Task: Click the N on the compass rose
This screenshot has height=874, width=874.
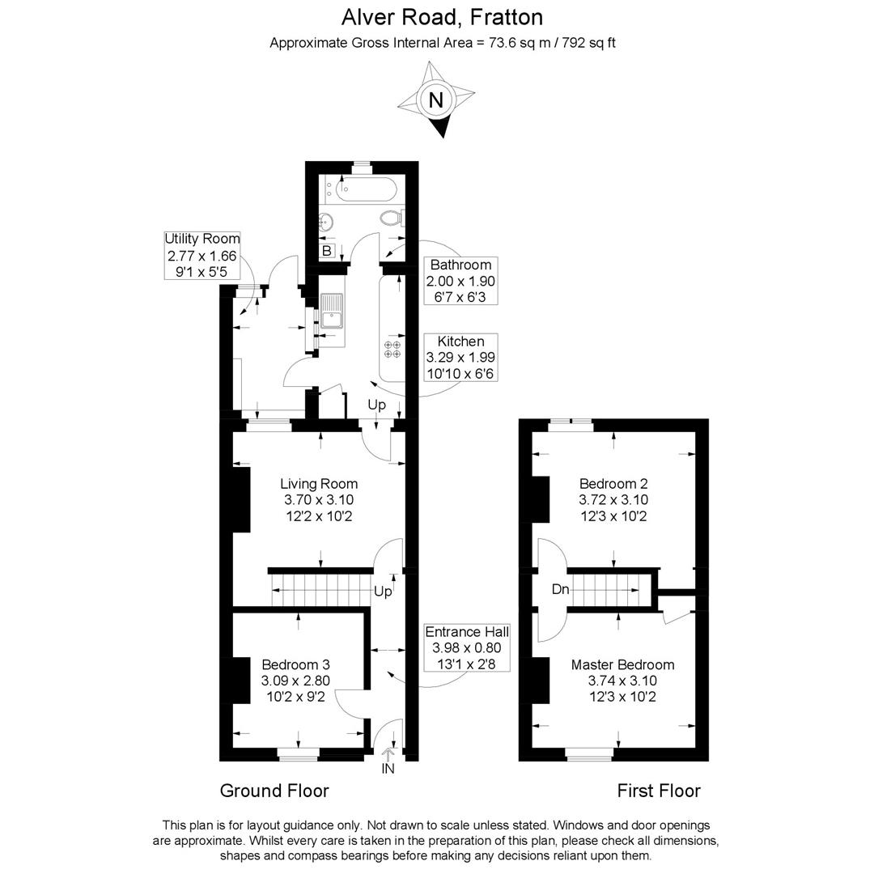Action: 436,100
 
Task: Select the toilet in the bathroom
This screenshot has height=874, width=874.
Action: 392,218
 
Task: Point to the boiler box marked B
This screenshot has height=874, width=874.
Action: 327,251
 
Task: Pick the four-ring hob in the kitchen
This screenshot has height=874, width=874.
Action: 392,349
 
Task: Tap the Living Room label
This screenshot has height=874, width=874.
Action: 319,484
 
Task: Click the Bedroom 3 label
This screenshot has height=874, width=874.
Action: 295,664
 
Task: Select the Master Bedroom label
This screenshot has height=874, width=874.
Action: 622,664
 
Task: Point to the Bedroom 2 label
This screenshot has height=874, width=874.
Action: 613,483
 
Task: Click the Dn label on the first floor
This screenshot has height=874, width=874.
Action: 560,588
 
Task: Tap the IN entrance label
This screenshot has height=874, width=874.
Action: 388,769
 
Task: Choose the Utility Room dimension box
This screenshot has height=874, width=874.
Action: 202,255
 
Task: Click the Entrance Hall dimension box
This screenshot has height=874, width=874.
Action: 467,647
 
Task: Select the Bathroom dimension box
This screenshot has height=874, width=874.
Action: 460,280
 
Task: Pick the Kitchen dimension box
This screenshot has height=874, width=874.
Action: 460,358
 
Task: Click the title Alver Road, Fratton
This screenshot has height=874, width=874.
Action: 442,17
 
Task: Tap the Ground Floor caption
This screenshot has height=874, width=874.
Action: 274,791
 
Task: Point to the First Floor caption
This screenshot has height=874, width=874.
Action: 658,791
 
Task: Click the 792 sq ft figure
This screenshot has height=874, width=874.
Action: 588,43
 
